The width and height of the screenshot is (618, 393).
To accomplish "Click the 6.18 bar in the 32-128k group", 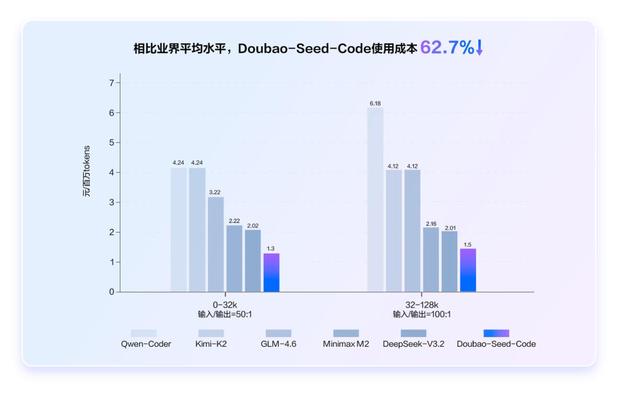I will tap(375, 200).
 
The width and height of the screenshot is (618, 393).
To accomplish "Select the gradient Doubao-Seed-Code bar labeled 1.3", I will tap(271, 273).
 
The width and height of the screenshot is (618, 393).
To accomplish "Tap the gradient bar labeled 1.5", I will tap(468, 271).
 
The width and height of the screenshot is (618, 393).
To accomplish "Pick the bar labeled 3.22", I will tap(216, 244).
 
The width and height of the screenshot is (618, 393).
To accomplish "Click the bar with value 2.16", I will tap(431, 260).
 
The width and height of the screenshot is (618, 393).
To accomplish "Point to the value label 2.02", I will tap(252, 226).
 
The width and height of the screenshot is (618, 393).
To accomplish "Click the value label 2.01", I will tap(449, 228).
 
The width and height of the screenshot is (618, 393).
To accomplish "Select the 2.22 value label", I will tap(234, 221).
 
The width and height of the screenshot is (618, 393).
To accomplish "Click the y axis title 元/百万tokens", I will tap(86, 172).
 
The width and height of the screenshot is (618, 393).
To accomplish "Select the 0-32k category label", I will tap(225, 305).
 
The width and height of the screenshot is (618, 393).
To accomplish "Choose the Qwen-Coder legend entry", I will tap(144, 344).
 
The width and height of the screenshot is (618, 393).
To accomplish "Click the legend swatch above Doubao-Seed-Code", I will tap(496, 333).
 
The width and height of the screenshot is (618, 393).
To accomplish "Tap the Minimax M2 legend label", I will tap(346, 344).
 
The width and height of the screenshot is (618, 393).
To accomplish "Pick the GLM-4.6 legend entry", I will tap(279, 344).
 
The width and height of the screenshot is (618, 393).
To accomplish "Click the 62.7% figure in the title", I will tap(447, 48).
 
